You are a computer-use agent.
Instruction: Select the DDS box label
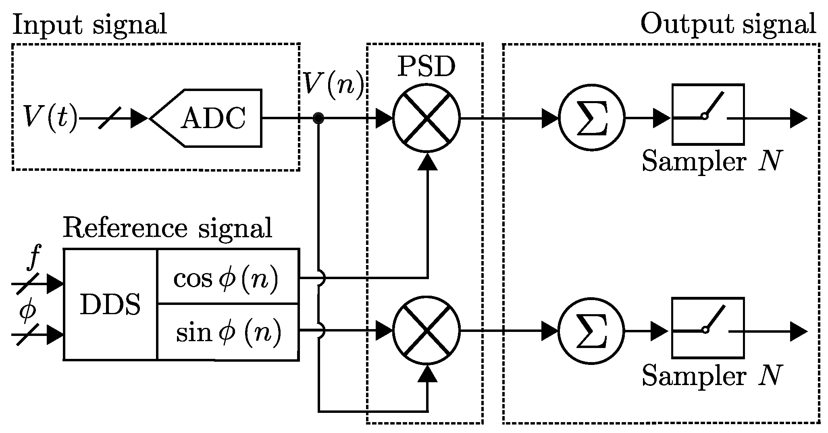(110, 305)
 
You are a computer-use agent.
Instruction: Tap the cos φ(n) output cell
(227, 277)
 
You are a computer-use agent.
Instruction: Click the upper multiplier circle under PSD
(426, 118)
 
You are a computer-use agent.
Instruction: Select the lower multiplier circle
(426, 331)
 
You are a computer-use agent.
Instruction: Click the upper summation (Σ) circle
(591, 118)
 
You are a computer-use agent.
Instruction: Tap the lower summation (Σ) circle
(591, 331)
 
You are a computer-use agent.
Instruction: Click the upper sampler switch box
(708, 114)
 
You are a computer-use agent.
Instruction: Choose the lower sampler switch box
(708, 327)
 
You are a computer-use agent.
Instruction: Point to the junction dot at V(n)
(318, 118)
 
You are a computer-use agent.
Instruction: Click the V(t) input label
(49, 118)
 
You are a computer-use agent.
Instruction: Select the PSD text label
(426, 67)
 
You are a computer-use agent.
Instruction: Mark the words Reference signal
(167, 228)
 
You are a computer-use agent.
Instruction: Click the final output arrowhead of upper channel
(798, 118)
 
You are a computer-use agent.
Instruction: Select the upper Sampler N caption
(711, 162)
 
